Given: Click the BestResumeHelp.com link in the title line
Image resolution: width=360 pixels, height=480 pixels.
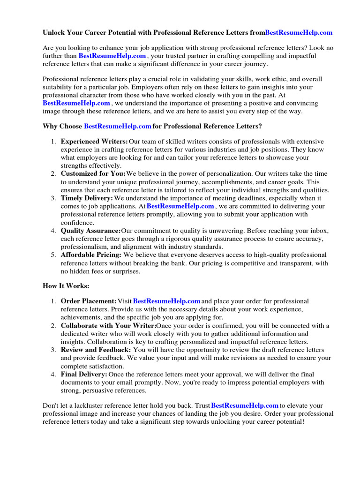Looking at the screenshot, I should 299,32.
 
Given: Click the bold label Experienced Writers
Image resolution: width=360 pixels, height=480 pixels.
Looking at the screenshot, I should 94,142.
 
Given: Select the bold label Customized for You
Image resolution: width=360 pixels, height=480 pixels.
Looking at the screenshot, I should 93,174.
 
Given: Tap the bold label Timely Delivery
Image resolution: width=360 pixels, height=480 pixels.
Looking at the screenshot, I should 87,198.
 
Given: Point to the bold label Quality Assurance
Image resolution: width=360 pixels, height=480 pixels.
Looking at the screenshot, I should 90,231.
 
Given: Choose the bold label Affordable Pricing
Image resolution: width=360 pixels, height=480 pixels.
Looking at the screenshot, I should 91,255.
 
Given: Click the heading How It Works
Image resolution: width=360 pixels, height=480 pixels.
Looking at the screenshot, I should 66,285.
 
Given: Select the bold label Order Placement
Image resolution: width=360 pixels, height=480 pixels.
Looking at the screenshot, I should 89,301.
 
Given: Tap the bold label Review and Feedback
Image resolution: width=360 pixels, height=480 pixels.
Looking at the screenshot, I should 96,350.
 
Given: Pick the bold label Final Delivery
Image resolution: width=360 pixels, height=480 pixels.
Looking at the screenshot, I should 84,375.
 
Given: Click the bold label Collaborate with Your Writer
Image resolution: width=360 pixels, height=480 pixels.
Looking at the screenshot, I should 108,326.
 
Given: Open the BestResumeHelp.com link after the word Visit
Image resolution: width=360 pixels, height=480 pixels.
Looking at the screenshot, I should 167,301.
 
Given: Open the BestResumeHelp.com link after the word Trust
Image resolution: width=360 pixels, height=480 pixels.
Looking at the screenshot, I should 245,405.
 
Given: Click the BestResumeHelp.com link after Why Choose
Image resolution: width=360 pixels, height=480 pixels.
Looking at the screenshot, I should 117,126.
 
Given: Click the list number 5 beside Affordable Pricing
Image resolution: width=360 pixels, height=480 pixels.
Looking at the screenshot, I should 53,255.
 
